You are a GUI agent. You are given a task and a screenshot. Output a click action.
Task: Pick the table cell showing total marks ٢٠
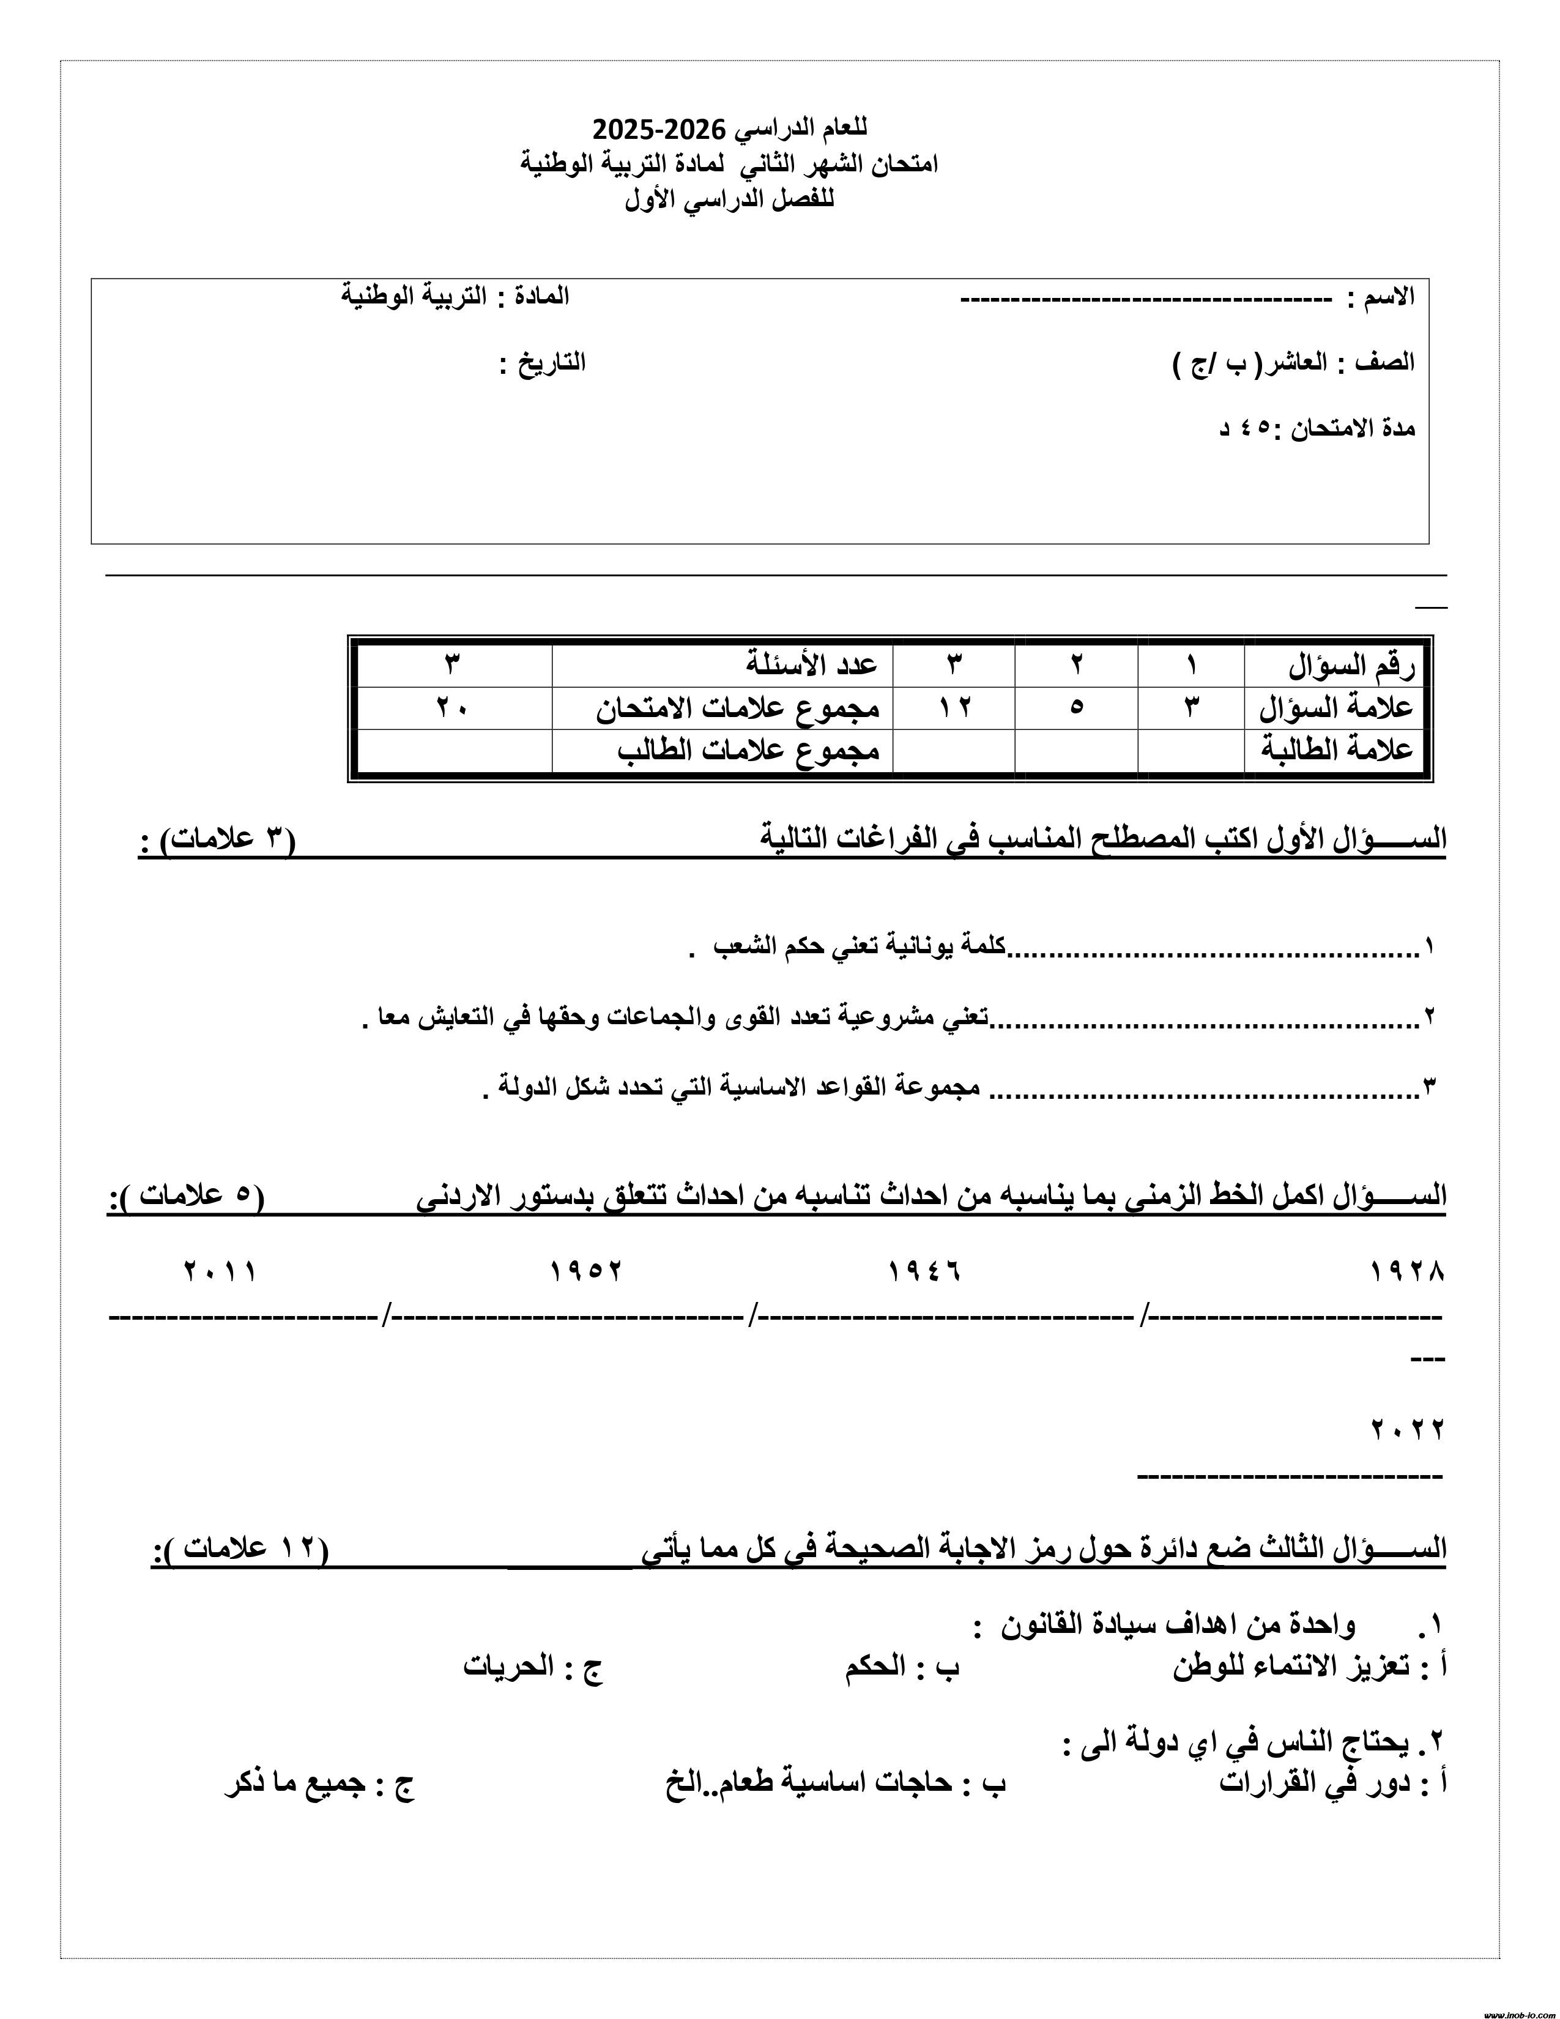click(x=452, y=707)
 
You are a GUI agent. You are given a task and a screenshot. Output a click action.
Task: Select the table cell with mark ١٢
click(x=955, y=707)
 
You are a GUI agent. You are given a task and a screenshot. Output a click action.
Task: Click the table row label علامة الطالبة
click(x=1337, y=749)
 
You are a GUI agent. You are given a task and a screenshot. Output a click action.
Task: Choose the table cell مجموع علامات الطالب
click(x=749, y=749)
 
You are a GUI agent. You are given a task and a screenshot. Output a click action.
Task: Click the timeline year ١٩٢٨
click(x=1406, y=1272)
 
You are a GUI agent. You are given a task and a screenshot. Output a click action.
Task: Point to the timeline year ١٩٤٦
click(x=924, y=1272)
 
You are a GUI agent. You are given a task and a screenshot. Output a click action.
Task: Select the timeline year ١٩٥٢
click(x=586, y=1272)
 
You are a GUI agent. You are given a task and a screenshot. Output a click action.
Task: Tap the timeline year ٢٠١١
click(x=220, y=1272)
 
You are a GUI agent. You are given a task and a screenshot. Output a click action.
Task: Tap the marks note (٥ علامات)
click(x=190, y=1195)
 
